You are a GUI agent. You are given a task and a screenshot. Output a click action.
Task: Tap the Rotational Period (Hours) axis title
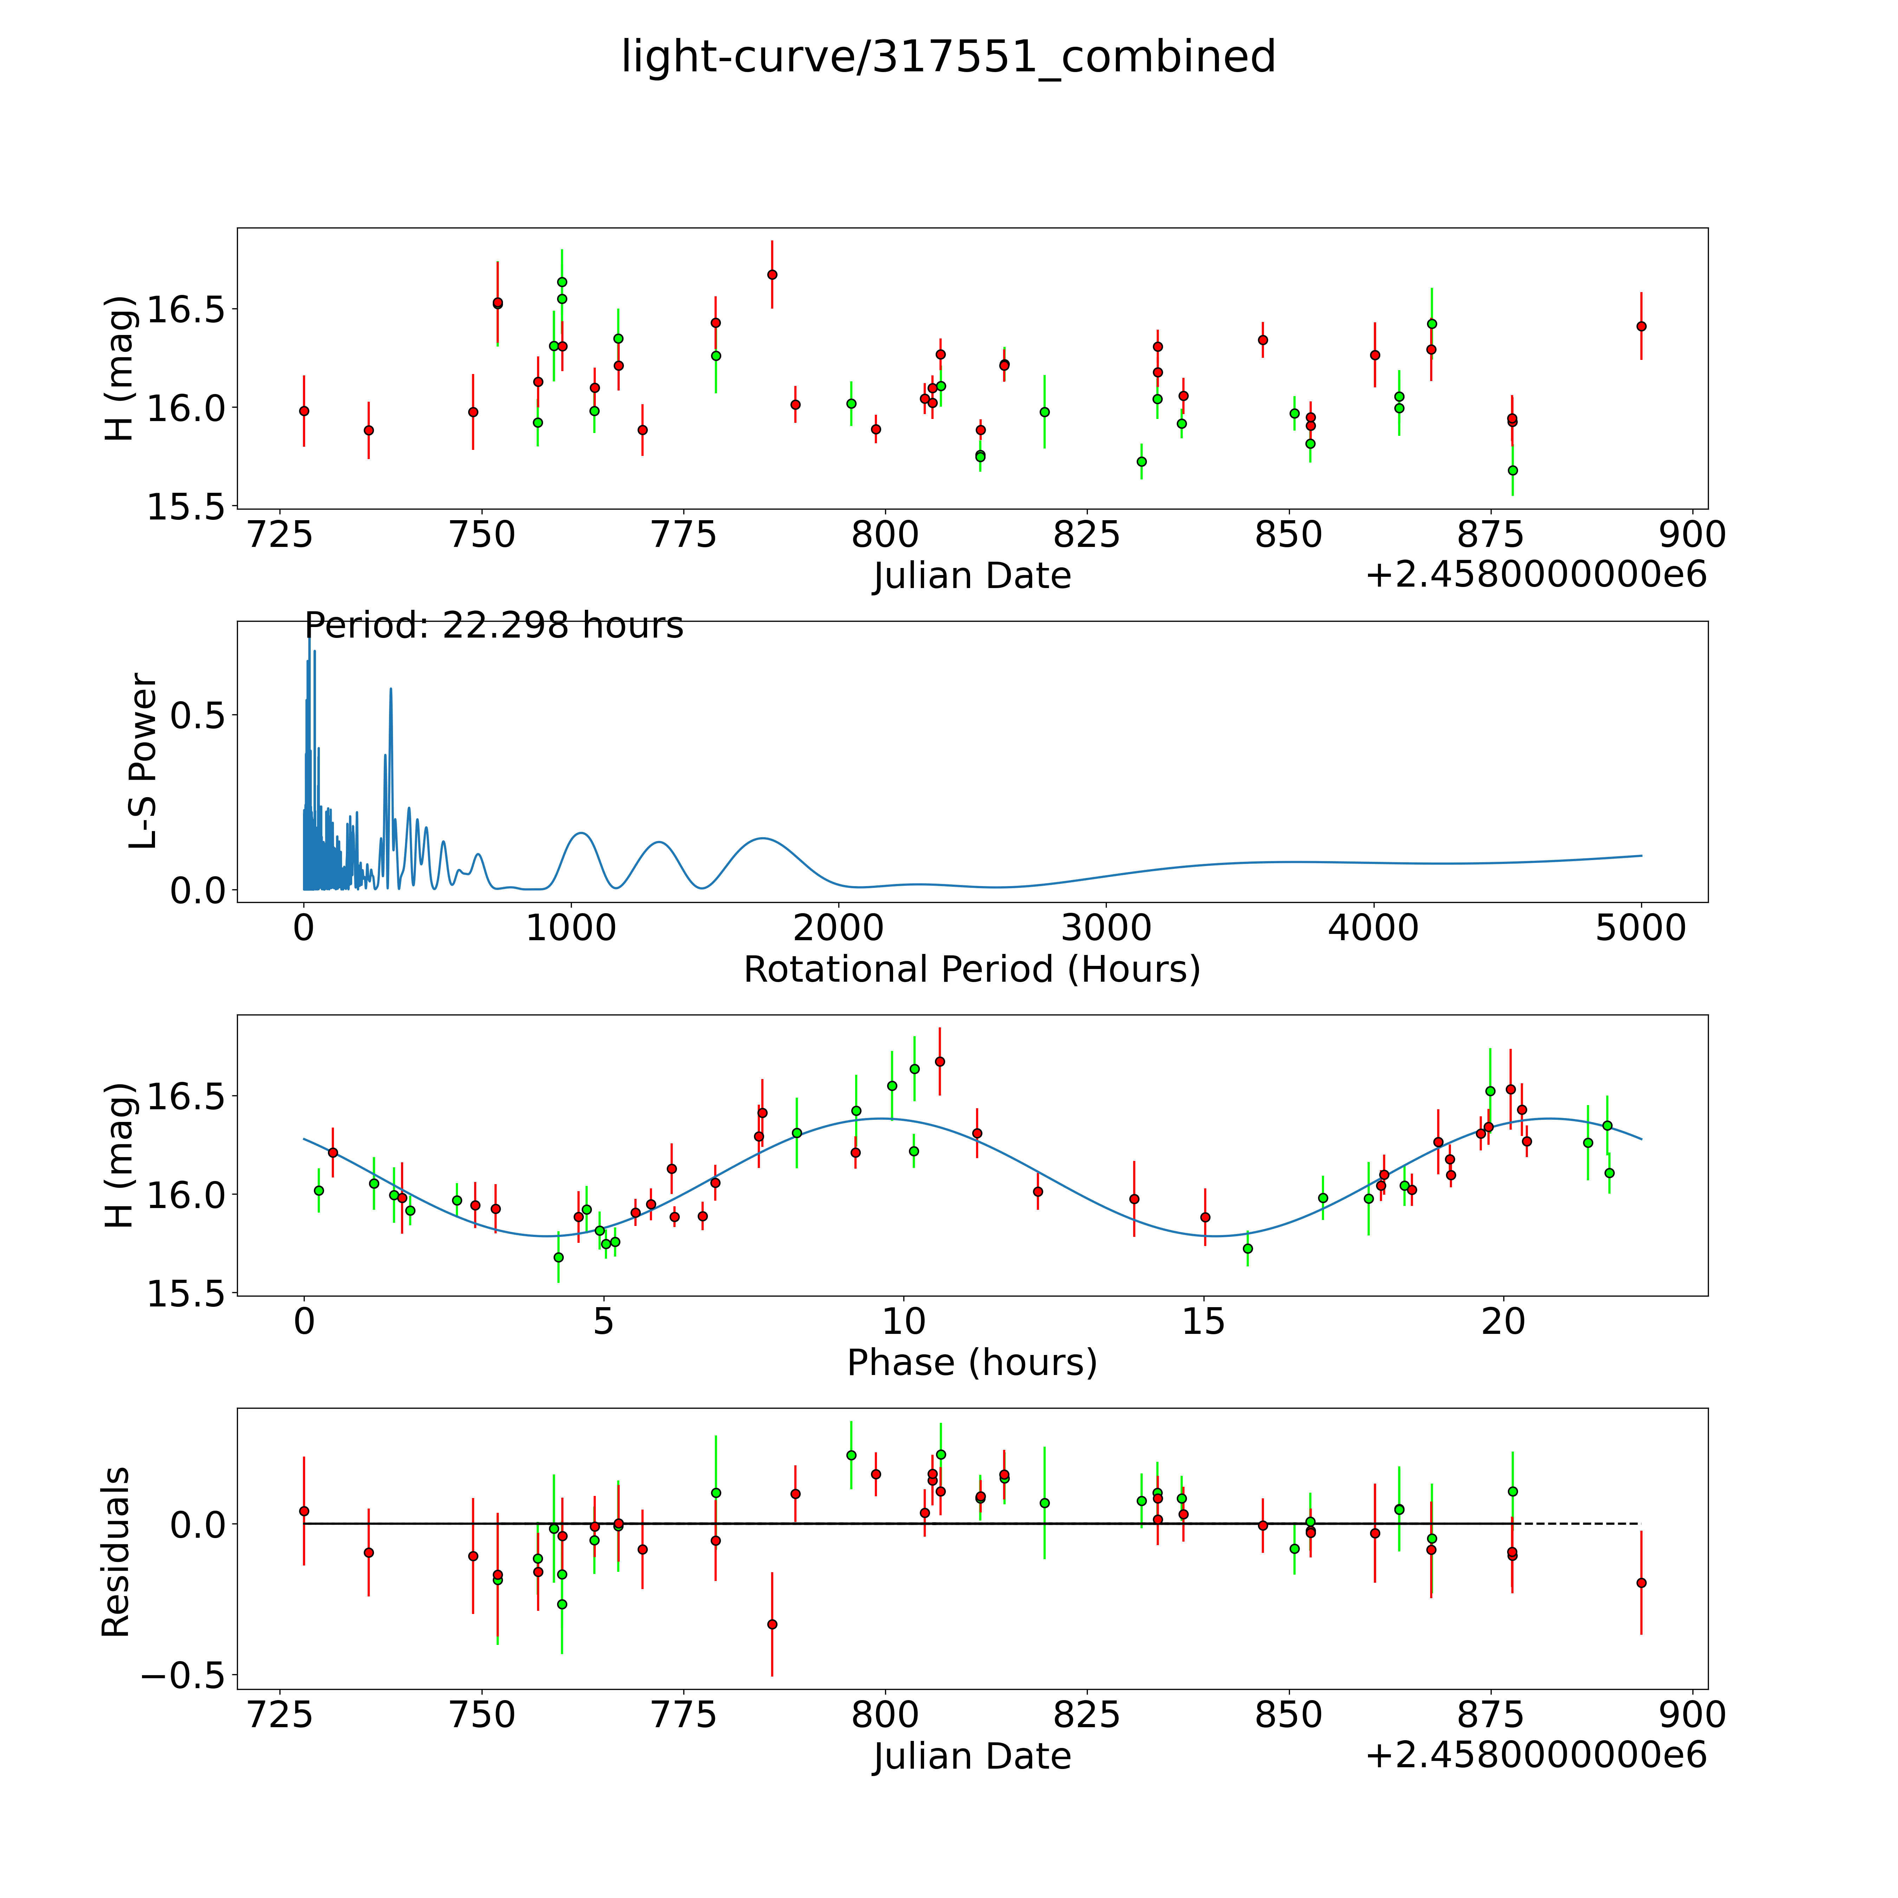[971, 970]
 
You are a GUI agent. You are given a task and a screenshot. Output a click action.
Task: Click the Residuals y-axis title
[116, 1552]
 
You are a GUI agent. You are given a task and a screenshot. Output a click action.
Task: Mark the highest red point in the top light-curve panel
[772, 274]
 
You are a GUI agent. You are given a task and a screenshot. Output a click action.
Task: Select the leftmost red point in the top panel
[304, 411]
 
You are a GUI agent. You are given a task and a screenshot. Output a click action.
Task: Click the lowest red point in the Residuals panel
[772, 1624]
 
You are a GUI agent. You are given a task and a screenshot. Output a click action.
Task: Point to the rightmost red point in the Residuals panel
[1641, 1583]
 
